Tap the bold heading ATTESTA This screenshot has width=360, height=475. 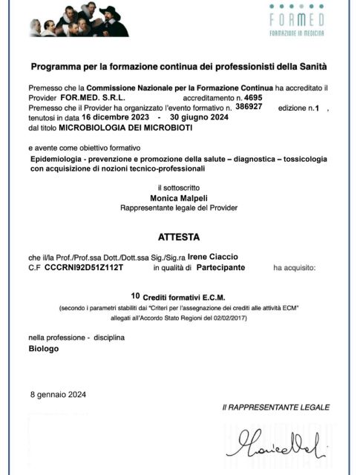tap(179, 238)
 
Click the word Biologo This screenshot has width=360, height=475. tap(44, 348)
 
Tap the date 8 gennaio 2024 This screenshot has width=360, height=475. tap(59, 394)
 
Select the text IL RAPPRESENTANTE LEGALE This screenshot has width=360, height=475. tap(275, 407)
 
